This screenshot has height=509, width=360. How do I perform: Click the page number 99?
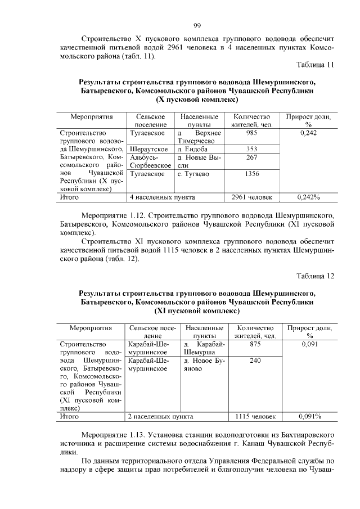197,25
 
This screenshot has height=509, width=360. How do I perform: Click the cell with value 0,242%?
308,197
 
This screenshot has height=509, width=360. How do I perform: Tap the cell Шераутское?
148,149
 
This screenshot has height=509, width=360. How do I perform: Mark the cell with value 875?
255,344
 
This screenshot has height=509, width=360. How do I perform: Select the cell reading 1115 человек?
255,417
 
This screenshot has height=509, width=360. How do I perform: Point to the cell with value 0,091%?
309,417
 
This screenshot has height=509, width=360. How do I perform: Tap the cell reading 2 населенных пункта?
161,417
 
